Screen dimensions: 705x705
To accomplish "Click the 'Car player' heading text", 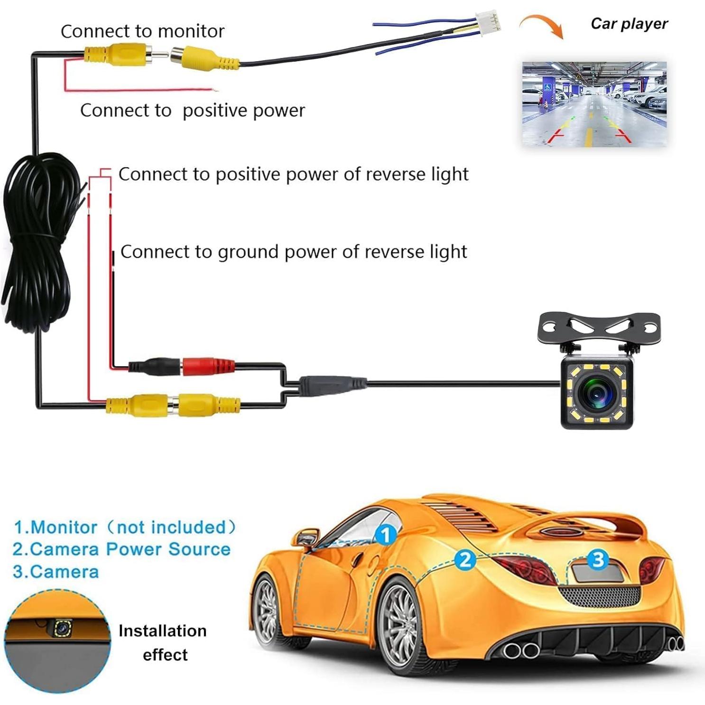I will (x=629, y=24).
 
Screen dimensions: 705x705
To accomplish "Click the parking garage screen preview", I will (x=594, y=104).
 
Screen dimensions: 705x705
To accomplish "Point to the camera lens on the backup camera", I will (x=596, y=393).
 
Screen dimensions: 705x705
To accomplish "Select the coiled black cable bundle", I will (x=40, y=237).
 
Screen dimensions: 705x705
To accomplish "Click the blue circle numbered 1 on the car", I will (x=386, y=535).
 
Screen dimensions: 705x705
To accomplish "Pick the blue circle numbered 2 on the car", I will (x=465, y=560).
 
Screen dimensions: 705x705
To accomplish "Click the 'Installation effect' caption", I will (x=163, y=642).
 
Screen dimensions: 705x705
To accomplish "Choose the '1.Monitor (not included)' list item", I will (x=124, y=527).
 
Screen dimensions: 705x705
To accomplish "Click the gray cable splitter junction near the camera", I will (x=332, y=382).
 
